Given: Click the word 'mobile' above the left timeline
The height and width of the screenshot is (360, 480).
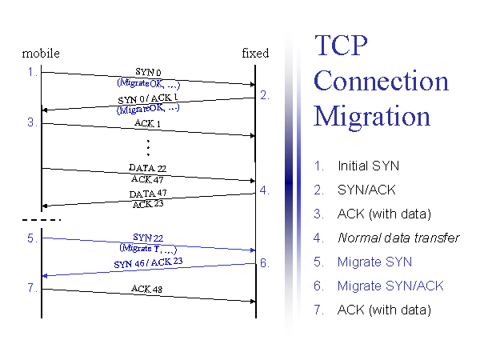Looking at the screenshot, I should point(41,54).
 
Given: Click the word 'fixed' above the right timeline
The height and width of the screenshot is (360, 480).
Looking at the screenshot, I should point(255,54).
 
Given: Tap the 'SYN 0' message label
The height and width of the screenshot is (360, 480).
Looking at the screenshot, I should point(148,73).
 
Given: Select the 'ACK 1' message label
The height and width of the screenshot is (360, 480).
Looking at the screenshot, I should point(147,124).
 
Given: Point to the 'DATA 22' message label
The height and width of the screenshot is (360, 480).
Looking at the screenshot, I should point(147,169).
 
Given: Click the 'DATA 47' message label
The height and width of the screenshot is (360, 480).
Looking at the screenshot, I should point(147,194).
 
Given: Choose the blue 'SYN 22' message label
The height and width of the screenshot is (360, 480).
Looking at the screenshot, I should point(148,238).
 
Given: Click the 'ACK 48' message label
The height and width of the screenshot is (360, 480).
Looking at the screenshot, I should point(147,289).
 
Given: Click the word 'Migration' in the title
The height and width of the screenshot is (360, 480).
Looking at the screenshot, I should point(372,116).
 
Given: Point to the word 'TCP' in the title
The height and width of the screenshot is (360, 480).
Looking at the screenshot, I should point(341,46).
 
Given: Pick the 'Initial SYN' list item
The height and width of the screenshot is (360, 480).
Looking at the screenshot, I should point(368,166).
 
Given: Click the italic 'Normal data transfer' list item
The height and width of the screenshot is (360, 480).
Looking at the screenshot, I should point(398,238).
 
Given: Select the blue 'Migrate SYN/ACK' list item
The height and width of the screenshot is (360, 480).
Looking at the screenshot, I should point(390,286).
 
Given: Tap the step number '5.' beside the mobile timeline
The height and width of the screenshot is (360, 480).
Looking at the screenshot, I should point(32,238).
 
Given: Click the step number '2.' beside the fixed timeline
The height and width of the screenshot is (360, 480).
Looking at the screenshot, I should point(265,95).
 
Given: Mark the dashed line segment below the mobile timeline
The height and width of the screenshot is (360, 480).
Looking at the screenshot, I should point(40,219).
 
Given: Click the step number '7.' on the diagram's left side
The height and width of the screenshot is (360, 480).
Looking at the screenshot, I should point(32,288).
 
